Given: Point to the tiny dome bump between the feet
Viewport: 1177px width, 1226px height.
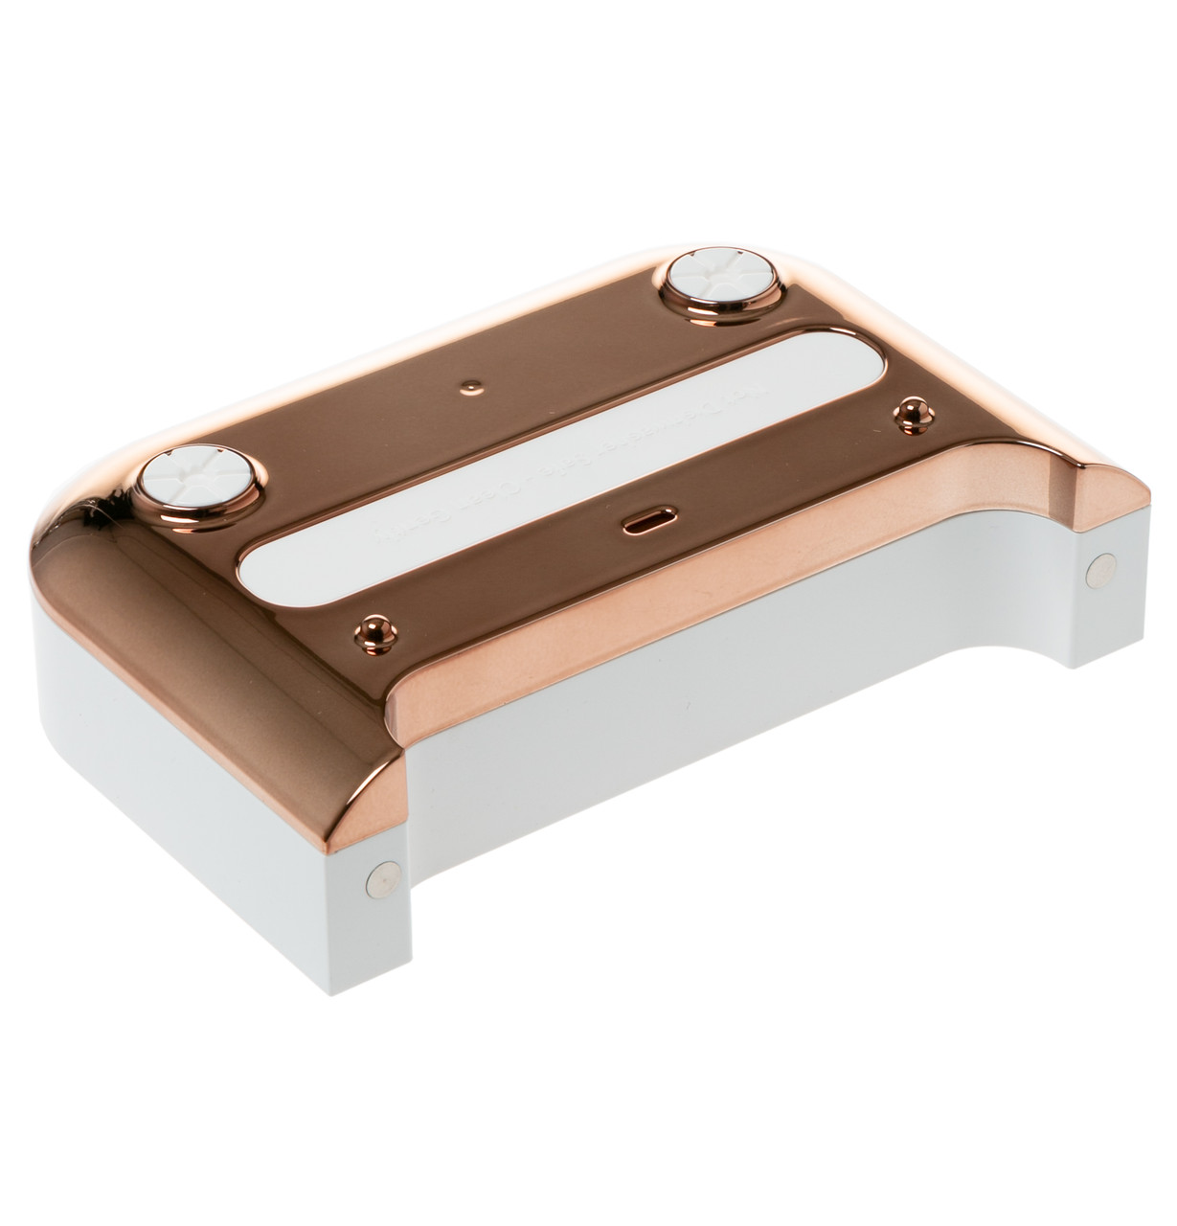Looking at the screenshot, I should [x=468, y=385].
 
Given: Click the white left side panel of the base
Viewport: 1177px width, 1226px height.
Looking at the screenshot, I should [x=192, y=795].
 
